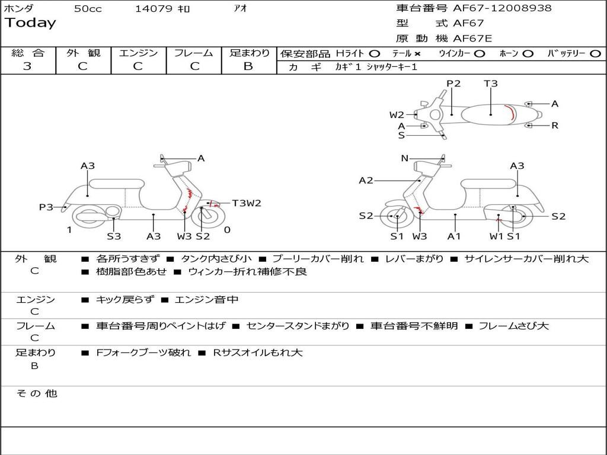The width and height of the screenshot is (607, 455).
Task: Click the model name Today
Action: coord(30,23)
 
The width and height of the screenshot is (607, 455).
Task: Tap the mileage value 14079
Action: coord(154,9)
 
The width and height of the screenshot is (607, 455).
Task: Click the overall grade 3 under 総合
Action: coord(27,66)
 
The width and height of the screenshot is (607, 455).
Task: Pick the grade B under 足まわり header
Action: coord(248,66)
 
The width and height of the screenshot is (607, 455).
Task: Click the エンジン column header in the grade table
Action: coord(138,53)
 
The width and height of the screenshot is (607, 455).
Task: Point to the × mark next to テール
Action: coord(417,53)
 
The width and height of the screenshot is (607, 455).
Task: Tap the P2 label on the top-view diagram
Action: coord(453,84)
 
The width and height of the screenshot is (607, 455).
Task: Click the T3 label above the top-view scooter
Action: coord(491,84)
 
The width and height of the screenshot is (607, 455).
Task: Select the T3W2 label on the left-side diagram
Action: coord(247,203)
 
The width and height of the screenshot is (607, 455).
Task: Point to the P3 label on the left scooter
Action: coord(46,207)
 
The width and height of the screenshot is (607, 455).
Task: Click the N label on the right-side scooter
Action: coord(405,158)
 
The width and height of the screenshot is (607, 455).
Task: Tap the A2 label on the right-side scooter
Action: coord(366,181)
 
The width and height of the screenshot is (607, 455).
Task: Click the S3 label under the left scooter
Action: coord(114,236)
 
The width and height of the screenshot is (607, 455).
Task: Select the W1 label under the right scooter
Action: coord(496,236)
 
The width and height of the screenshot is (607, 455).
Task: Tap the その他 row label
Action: coord(36,393)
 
